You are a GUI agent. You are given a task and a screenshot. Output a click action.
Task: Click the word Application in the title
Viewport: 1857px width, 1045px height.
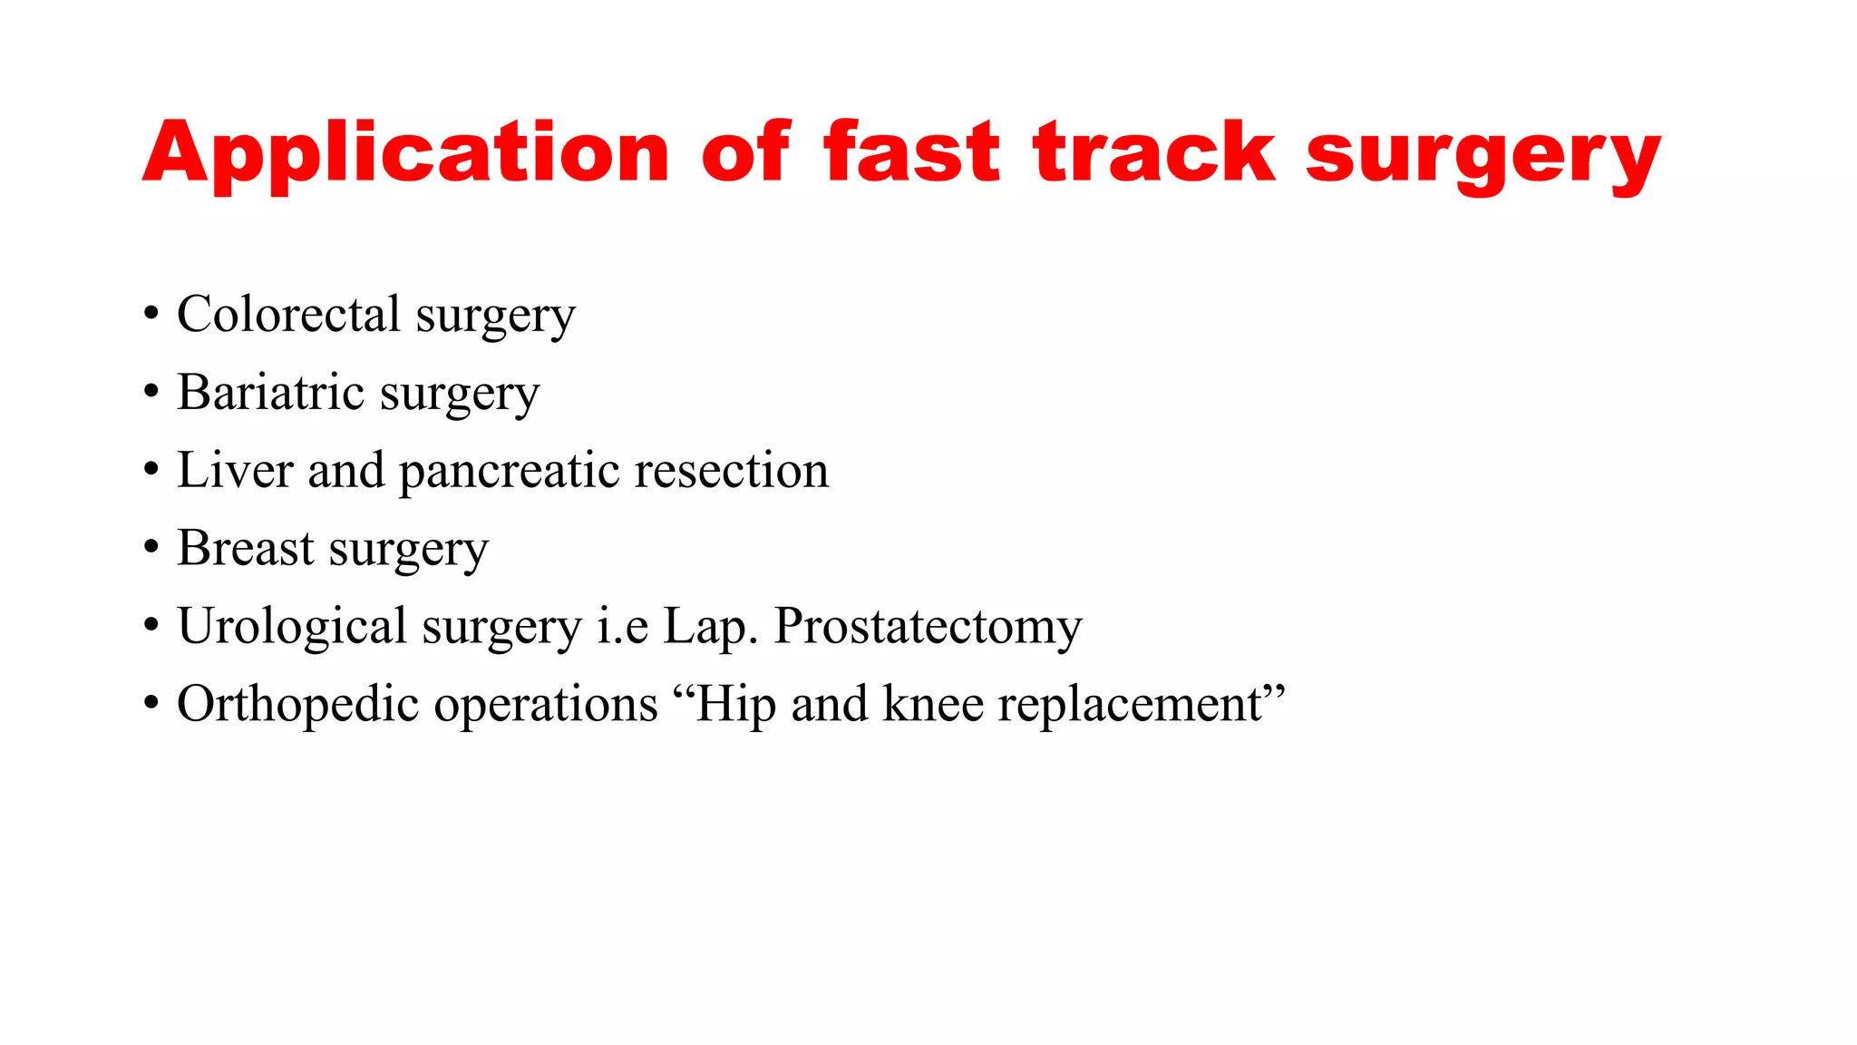tap(405, 154)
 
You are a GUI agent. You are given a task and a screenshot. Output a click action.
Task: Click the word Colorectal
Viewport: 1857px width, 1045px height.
tap(288, 315)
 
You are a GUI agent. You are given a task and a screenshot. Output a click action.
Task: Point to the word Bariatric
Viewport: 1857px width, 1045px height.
tap(270, 393)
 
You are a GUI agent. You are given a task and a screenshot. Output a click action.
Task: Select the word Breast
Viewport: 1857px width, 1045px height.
tap(246, 549)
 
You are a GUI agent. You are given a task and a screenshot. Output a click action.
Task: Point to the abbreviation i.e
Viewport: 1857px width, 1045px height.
tap(622, 627)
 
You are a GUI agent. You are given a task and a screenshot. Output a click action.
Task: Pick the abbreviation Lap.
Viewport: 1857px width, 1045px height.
tap(710, 627)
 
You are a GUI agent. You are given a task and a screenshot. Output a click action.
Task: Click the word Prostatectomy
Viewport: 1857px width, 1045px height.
tap(928, 627)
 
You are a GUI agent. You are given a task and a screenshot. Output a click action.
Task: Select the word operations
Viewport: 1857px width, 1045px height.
tap(546, 705)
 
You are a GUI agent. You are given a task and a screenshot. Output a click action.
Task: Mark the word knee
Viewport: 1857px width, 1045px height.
tap(933, 705)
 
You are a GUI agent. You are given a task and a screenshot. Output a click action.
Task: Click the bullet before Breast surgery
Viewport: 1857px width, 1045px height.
tap(151, 549)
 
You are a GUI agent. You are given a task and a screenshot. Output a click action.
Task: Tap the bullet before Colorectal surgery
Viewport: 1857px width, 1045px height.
tap(151, 315)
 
